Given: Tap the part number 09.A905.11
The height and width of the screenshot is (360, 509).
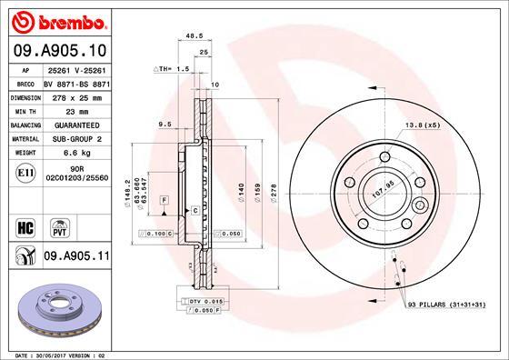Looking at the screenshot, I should click(x=75, y=259).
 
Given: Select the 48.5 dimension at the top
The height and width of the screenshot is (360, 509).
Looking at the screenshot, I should click(x=193, y=38).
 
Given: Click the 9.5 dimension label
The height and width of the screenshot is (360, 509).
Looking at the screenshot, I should click(x=165, y=124).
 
